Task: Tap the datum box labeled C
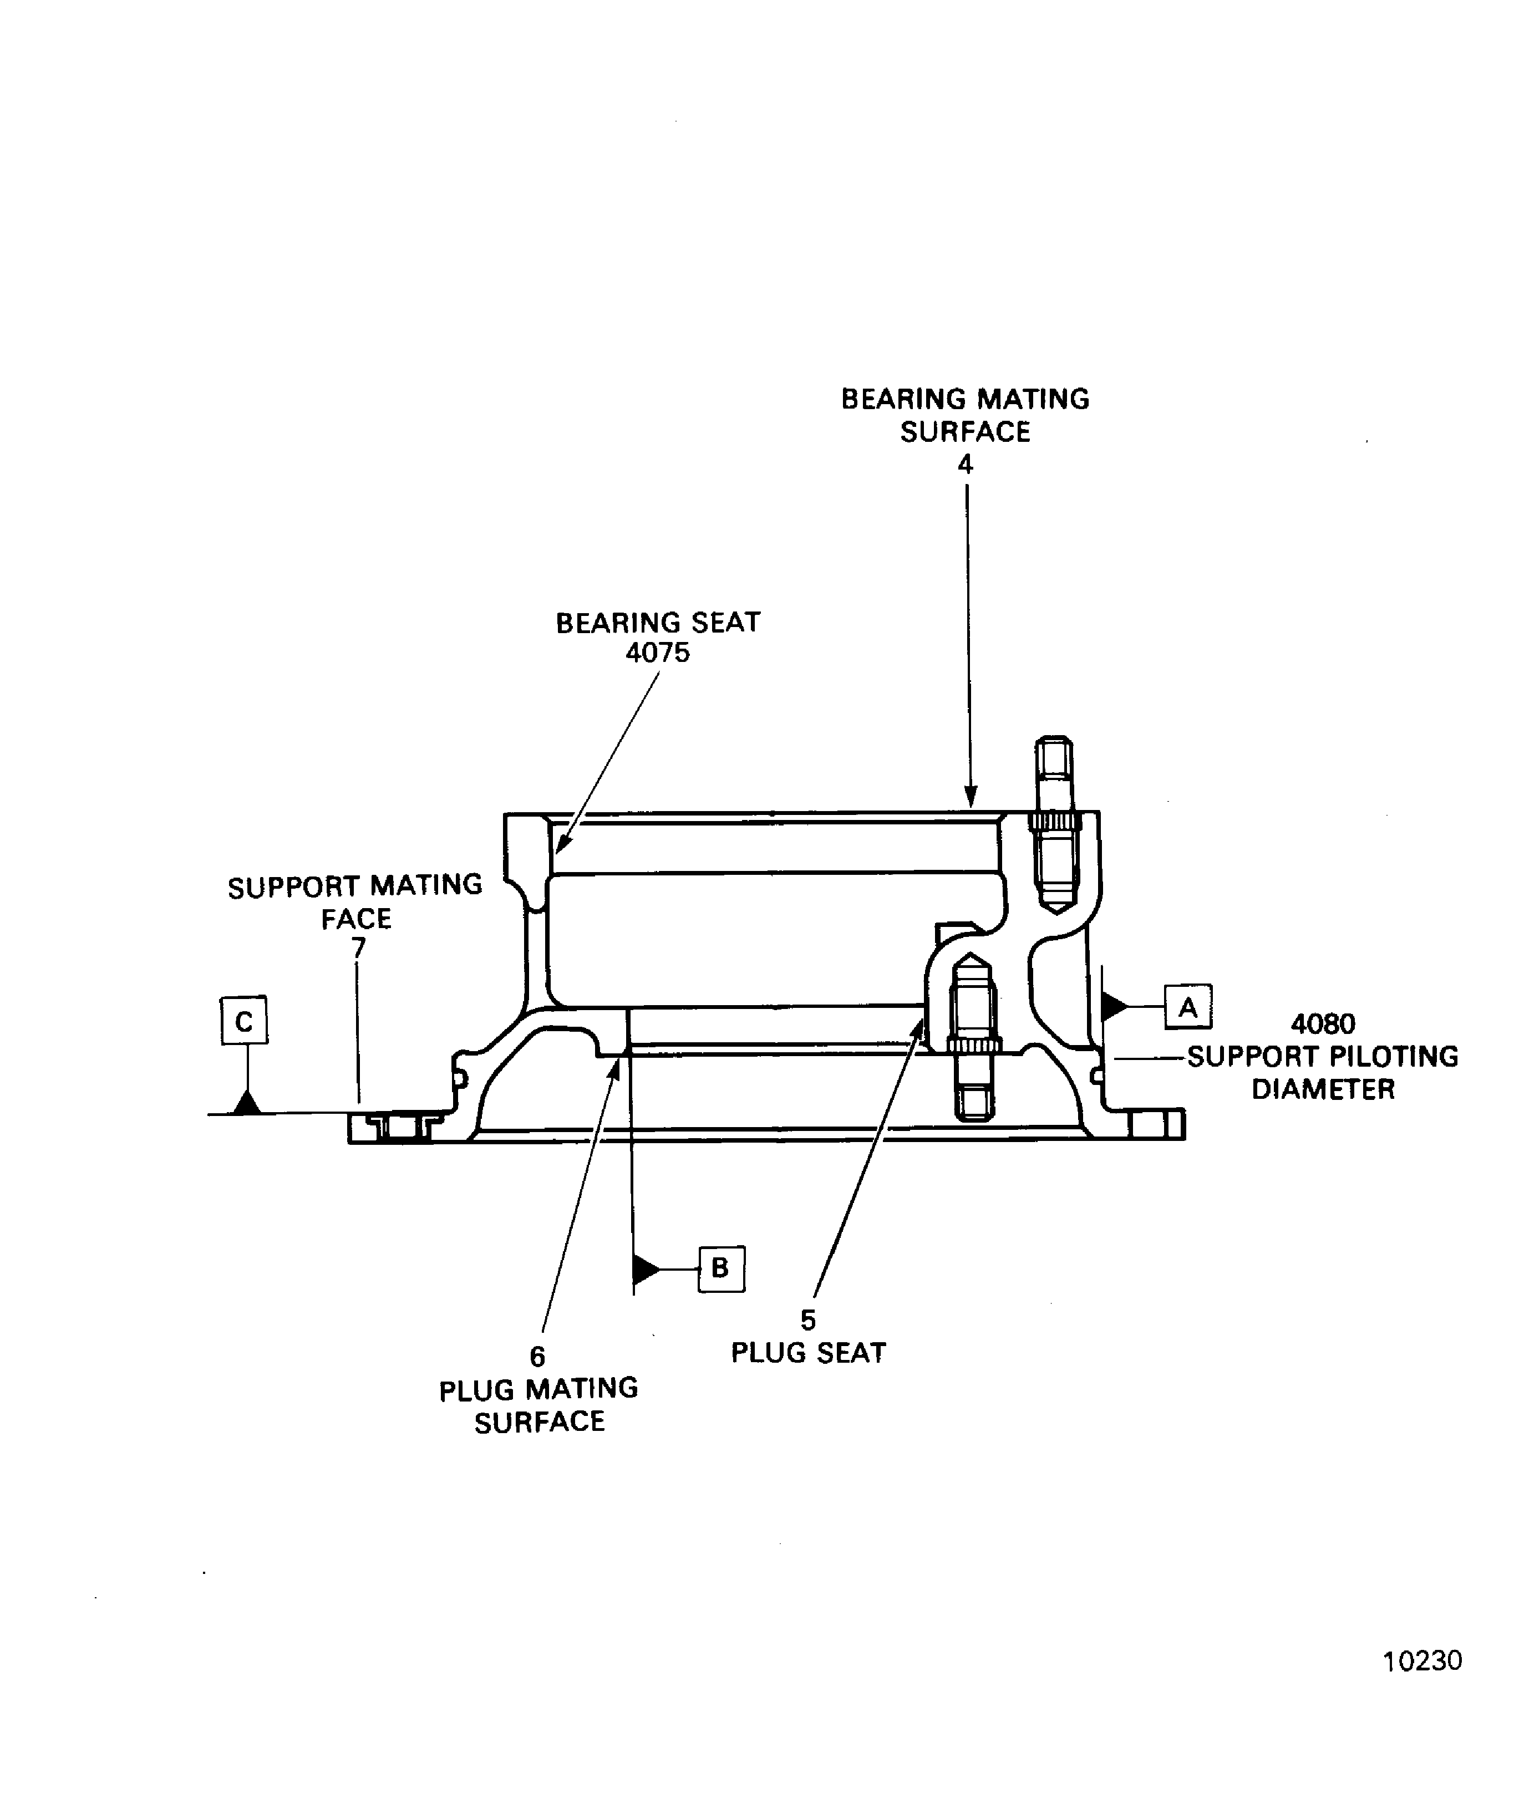click(245, 1021)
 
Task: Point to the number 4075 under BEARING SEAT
click(658, 652)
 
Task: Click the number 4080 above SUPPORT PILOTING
click(1323, 1023)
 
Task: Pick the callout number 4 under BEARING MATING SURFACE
click(965, 465)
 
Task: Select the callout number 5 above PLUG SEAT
click(807, 1319)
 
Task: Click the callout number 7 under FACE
click(358, 947)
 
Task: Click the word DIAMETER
click(1323, 1089)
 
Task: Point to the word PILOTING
click(1388, 1056)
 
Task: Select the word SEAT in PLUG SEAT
click(850, 1352)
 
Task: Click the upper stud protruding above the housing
click(1054, 823)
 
